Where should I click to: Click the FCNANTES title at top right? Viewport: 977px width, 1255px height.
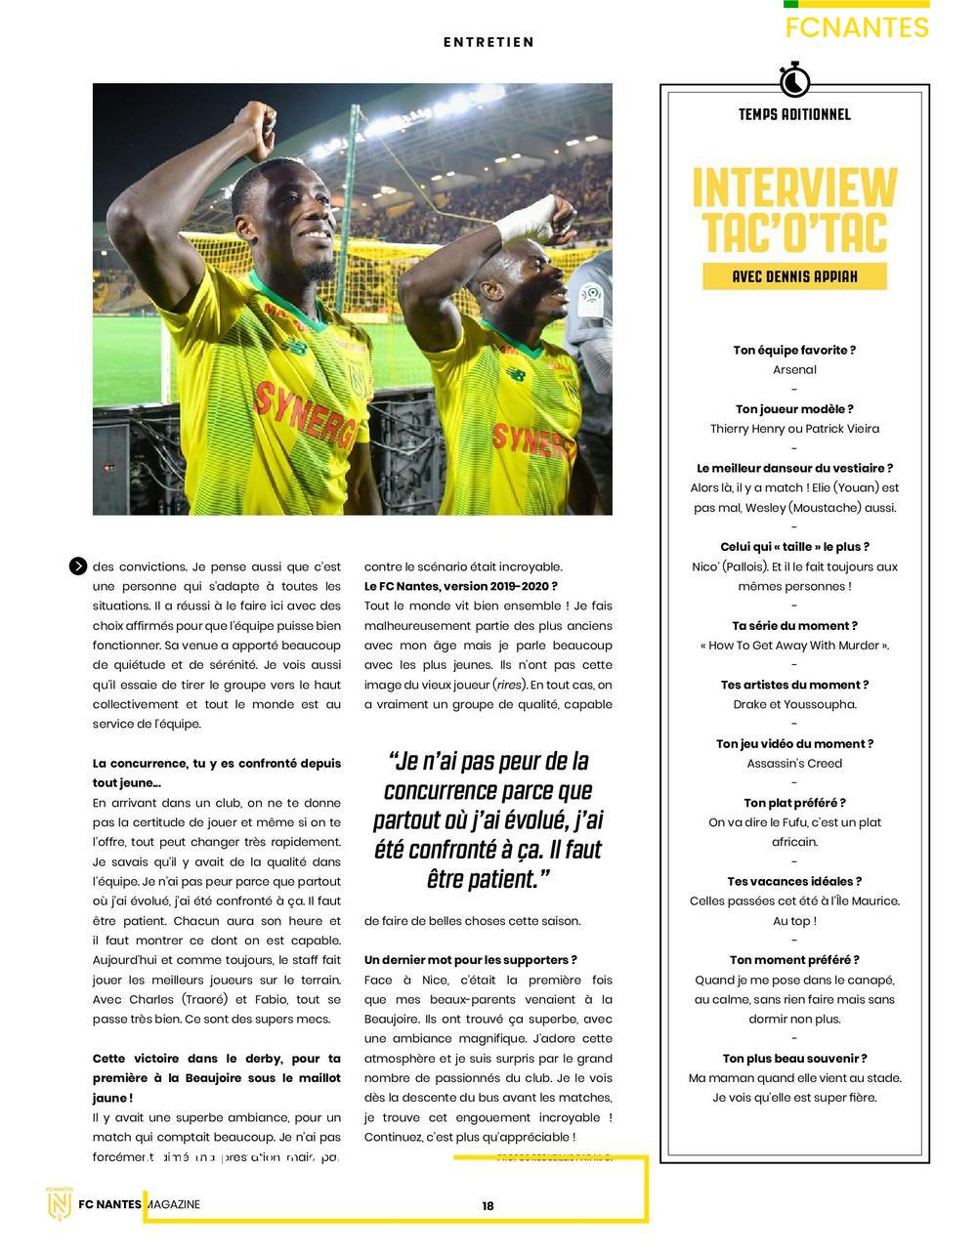pyautogui.click(x=857, y=27)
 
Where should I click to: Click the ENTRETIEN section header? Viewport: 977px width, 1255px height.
pyautogui.click(x=488, y=42)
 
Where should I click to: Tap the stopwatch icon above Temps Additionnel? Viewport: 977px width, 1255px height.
pyautogui.click(x=794, y=78)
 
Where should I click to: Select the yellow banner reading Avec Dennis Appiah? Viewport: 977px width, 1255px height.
pyautogui.click(x=794, y=276)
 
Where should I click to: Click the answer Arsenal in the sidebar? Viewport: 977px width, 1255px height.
pyautogui.click(x=794, y=370)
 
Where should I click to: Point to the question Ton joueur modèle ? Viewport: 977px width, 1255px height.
pyautogui.click(x=794, y=409)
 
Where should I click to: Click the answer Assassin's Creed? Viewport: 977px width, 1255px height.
pyautogui.click(x=794, y=764)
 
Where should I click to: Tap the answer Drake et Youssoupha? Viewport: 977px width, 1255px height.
pyautogui.click(x=794, y=704)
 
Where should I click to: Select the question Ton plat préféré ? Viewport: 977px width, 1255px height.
pyautogui.click(x=794, y=803)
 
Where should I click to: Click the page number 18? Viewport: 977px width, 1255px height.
pyautogui.click(x=488, y=1206)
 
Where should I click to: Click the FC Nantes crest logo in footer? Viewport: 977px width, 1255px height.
pyautogui.click(x=61, y=1202)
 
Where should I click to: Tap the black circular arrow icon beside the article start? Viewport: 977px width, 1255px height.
pyautogui.click(x=78, y=566)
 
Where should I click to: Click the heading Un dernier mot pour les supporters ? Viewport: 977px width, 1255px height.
pyautogui.click(x=471, y=960)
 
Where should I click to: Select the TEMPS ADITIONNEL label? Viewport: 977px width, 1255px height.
pyautogui.click(x=794, y=114)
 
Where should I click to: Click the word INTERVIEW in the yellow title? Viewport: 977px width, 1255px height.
pyautogui.click(x=794, y=188)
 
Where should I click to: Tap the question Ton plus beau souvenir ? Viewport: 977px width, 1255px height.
pyautogui.click(x=794, y=1059)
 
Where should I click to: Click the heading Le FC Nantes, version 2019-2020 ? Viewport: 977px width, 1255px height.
pyautogui.click(x=461, y=586)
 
